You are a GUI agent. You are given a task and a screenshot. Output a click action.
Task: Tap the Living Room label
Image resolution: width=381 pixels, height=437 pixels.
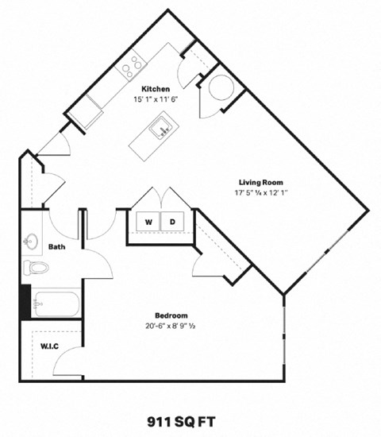click(x=260, y=182)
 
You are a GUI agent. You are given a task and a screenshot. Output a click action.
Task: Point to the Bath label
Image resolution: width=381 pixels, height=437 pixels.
click(x=56, y=247)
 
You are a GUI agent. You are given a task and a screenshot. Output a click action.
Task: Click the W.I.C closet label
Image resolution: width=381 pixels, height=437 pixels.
click(x=49, y=346)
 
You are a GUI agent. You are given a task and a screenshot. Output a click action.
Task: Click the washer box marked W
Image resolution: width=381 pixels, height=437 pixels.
click(x=148, y=222)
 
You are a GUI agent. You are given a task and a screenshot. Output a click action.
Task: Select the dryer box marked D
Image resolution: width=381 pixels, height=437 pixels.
click(x=172, y=222)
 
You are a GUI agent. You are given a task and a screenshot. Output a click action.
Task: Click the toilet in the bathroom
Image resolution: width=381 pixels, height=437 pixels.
click(x=37, y=267)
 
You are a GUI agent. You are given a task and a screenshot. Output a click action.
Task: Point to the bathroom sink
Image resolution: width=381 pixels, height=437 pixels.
click(x=33, y=240)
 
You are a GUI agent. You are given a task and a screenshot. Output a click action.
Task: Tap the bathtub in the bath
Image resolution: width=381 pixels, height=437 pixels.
click(x=55, y=303)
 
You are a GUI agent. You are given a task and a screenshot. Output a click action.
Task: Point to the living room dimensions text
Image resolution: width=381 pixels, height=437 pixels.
click(x=260, y=193)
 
